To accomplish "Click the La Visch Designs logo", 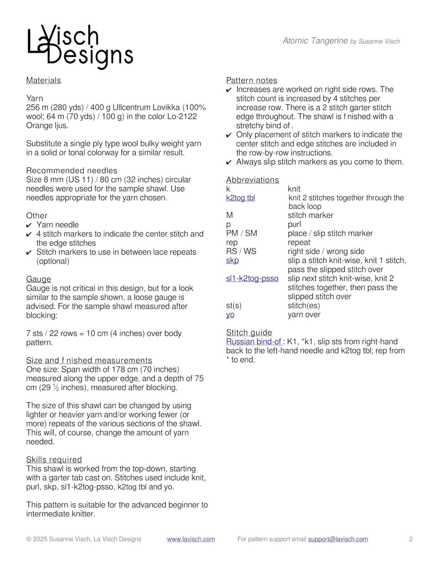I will [x=80, y=47].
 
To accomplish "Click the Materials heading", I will [x=44, y=80].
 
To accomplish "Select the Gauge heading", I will [x=39, y=279].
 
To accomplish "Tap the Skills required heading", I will [x=54, y=459].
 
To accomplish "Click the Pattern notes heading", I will [x=251, y=80].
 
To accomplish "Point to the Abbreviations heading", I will [x=253, y=180].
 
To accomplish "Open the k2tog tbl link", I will [x=241, y=198].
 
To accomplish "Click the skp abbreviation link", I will [x=233, y=260].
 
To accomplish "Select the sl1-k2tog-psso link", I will [x=252, y=279].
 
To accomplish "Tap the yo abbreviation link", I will [x=230, y=315].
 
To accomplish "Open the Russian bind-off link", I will [x=254, y=342].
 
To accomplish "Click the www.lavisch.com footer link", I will [x=191, y=539].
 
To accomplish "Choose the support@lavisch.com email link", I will [x=338, y=539].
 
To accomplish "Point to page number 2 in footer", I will [x=411, y=539].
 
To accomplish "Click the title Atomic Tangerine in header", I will [x=315, y=41].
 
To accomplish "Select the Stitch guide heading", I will [x=249, y=333].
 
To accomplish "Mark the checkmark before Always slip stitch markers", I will [x=229, y=162].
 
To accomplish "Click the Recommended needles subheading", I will [x=72, y=171].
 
